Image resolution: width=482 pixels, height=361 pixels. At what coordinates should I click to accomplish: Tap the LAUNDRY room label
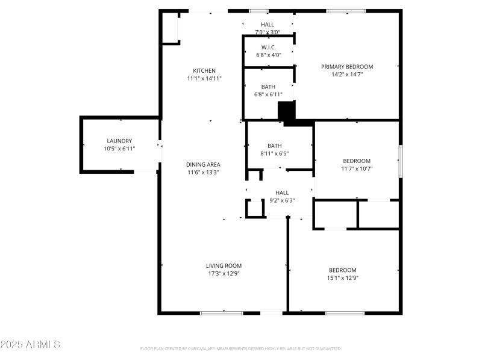pyautogui.click(x=119, y=141)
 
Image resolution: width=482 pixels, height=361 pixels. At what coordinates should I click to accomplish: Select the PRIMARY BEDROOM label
pyautogui.click(x=346, y=67)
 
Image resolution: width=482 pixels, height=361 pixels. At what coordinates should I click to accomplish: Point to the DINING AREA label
pyautogui.click(x=203, y=164)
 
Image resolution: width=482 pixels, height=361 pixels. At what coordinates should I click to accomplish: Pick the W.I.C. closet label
pyautogui.click(x=268, y=47)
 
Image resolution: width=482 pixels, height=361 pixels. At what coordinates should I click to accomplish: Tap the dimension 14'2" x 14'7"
pyautogui.click(x=346, y=75)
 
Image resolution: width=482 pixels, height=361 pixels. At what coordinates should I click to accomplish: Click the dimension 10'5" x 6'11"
pyautogui.click(x=119, y=149)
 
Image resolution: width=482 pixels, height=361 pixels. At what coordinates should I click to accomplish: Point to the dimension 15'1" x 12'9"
pyautogui.click(x=342, y=278)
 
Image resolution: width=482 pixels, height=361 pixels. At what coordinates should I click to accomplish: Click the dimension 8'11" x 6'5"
pyautogui.click(x=275, y=153)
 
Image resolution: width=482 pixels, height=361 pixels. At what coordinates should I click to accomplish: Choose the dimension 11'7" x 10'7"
pyautogui.click(x=357, y=168)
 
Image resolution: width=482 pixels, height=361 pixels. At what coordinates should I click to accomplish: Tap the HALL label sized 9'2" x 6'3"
pyautogui.click(x=282, y=193)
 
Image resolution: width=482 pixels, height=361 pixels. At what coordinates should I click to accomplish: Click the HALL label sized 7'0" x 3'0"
pyautogui.click(x=268, y=25)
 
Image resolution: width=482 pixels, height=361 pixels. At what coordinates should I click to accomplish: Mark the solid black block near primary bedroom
pyautogui.click(x=287, y=112)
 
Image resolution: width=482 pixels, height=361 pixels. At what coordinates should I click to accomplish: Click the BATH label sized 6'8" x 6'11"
pyautogui.click(x=268, y=87)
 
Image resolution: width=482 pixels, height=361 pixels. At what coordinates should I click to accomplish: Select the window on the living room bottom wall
pyautogui.click(x=221, y=313)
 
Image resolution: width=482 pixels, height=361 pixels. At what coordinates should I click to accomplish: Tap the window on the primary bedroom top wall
pyautogui.click(x=346, y=10)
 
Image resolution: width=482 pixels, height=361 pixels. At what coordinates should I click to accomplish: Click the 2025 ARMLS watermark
pyautogui.click(x=30, y=345)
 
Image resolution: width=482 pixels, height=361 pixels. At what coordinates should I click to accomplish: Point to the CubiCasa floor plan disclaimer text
pyautogui.click(x=241, y=348)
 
